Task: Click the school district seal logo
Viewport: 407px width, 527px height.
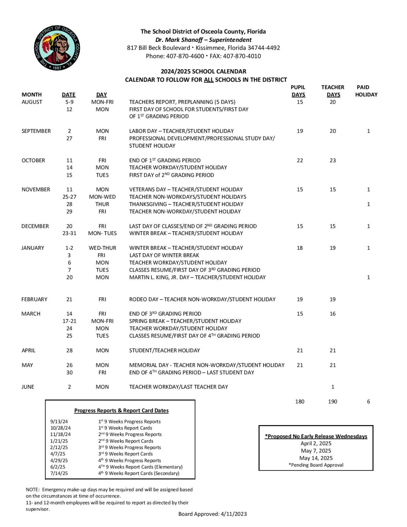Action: click(57, 48)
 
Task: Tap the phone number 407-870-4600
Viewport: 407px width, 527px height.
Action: click(185, 56)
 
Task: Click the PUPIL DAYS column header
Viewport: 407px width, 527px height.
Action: click(298, 91)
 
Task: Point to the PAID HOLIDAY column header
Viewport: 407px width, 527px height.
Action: click(366, 91)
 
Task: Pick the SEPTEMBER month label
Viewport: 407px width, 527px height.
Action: click(36, 131)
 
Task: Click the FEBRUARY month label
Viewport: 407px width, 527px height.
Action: click(34, 299)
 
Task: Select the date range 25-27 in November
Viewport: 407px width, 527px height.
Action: click(69, 197)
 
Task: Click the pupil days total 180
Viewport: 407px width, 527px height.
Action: click(300, 401)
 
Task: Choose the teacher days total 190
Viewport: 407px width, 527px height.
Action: click(333, 401)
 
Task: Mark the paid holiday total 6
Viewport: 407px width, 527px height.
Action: click(369, 401)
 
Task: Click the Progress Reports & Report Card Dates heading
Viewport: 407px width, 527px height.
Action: click(121, 410)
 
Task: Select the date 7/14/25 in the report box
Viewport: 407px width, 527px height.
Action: click(59, 473)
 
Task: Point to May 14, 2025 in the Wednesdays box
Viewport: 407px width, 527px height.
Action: click(316, 458)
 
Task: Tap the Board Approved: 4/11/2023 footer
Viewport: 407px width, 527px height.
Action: click(213, 514)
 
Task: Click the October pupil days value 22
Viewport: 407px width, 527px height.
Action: click(300, 160)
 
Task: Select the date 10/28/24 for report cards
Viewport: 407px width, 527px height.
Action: click(60, 428)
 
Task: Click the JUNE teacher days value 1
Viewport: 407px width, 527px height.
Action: click(333, 387)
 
